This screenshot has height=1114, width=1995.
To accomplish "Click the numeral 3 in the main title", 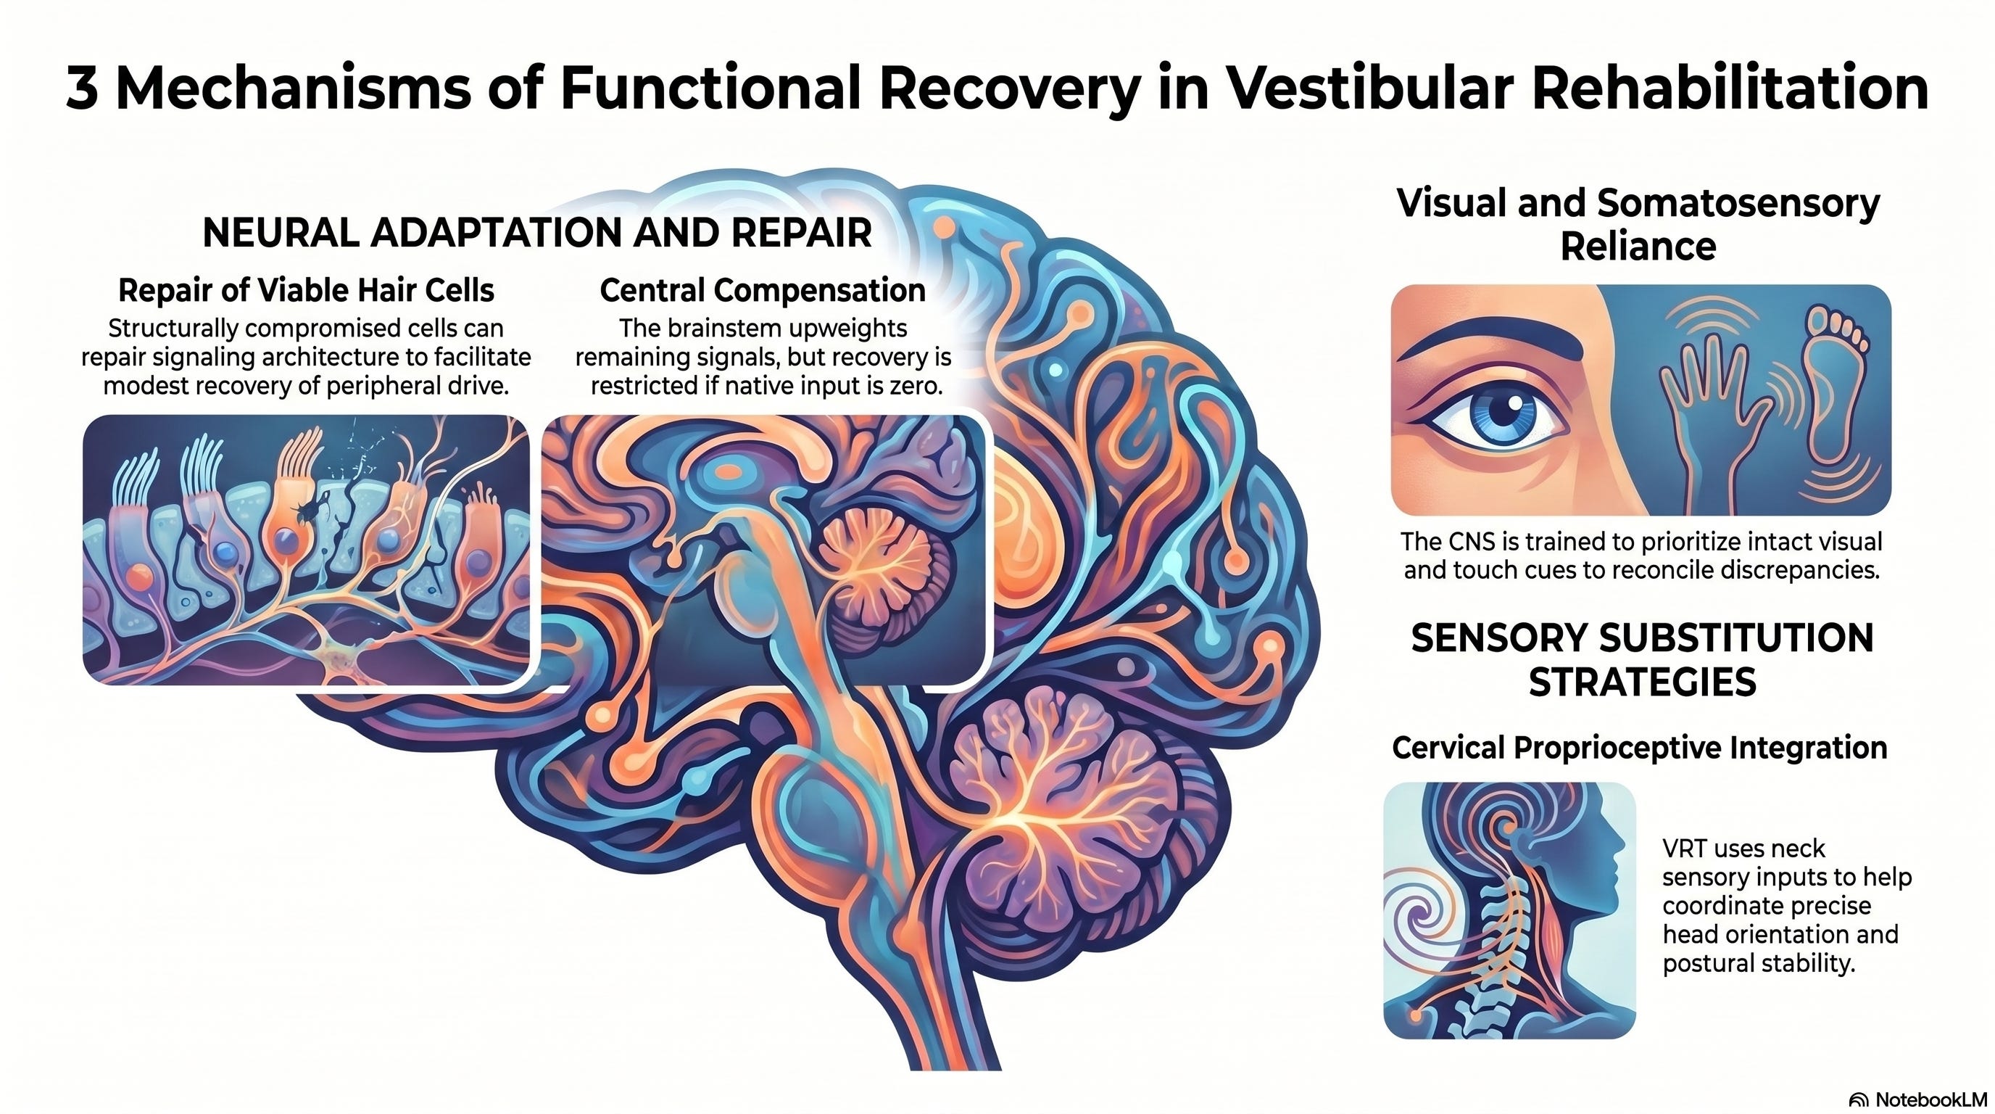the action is pos(82,88).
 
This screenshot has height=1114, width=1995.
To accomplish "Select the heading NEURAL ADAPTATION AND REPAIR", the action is pos(536,232).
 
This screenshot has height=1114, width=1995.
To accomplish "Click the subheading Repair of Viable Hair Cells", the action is pos(306,291).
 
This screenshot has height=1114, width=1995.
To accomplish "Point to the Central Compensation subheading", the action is pos(763,291).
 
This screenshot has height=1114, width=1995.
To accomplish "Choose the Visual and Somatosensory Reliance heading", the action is pos(1638,225).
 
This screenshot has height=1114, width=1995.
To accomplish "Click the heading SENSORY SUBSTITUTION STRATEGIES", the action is pos(1642,660).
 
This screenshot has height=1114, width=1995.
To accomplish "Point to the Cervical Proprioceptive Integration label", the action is pos(1640,748).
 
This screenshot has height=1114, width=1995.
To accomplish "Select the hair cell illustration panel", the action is pos(306,550).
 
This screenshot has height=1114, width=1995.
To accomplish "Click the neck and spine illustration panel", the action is pos(1509,910).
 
